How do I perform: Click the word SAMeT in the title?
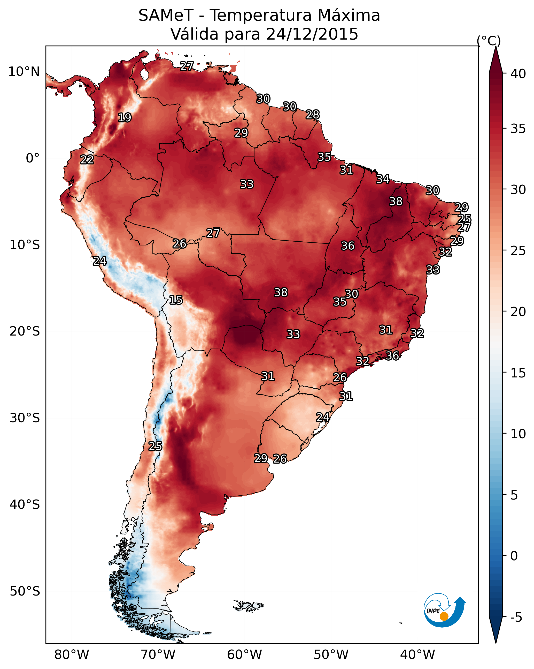click(166, 16)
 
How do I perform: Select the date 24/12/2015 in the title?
click(312, 34)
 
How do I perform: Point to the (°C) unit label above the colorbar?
click(489, 41)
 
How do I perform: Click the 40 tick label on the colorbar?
click(518, 74)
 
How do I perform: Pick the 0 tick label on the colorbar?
click(514, 556)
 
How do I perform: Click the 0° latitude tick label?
click(33, 158)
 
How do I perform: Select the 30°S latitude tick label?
click(25, 418)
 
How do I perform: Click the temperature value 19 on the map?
click(125, 118)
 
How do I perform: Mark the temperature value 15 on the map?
click(176, 300)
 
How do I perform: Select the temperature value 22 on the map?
click(87, 160)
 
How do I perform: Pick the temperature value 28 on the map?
click(312, 115)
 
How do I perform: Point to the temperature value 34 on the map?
click(383, 179)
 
